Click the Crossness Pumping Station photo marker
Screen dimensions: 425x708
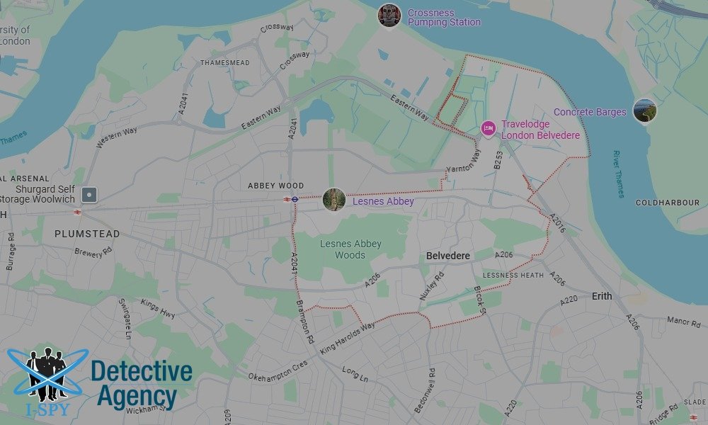[389, 15]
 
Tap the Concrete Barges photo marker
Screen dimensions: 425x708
[644, 111]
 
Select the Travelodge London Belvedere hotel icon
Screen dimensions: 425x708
[487, 128]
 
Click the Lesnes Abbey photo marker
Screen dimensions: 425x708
[333, 199]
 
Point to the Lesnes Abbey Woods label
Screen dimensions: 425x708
[350, 249]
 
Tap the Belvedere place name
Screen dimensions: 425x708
[448, 256]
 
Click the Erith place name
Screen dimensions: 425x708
[602, 296]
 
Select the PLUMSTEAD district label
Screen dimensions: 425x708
[87, 234]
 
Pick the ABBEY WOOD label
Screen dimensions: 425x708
[275, 186]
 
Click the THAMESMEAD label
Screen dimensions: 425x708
[225, 63]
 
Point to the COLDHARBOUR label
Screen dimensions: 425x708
[667, 203]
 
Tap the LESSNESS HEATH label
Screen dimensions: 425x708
[513, 275]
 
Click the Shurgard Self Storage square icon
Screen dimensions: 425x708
[88, 194]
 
